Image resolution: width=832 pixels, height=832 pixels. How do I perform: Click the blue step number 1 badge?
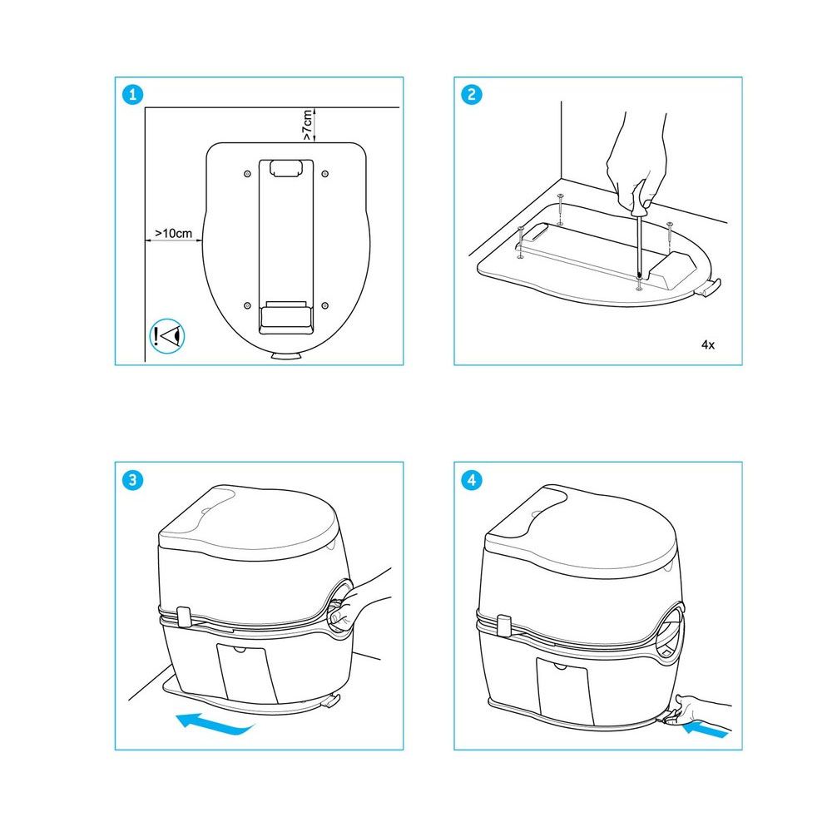pos(132,95)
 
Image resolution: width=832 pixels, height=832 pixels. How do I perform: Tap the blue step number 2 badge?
pos(471,95)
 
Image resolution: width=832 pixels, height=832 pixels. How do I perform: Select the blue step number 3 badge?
pos(132,480)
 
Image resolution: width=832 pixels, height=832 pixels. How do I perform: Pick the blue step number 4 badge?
pos(471,480)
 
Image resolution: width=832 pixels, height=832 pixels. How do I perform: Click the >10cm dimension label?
pos(174,234)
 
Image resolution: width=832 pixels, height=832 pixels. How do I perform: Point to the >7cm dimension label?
pos(307,126)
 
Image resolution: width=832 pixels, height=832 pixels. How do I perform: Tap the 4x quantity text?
pos(708,345)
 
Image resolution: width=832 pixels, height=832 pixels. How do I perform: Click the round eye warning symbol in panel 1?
pos(167,336)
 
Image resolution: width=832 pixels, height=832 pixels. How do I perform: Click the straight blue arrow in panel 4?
pos(705,730)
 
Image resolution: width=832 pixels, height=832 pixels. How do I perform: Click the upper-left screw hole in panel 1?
pos(247,174)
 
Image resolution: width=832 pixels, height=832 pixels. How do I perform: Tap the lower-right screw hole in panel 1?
pos(325,305)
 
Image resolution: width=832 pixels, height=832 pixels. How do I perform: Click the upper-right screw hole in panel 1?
pos(325,174)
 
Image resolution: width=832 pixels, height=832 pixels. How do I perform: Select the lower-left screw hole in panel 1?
pos(247,305)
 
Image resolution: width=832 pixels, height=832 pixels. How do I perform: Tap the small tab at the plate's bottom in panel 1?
pos(286,356)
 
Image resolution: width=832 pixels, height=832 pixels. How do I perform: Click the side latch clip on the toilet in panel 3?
pos(184,617)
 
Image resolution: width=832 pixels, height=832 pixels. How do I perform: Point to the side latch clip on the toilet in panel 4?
pos(504,626)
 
